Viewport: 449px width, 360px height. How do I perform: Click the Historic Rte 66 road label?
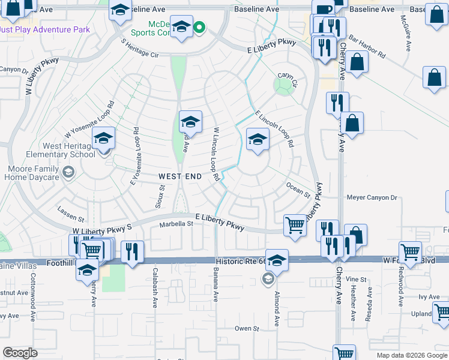coord(240,260)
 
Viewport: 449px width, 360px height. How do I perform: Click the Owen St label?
coord(247,328)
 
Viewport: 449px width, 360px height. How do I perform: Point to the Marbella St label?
coord(176,224)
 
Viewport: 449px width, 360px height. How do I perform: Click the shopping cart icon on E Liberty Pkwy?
coord(295,226)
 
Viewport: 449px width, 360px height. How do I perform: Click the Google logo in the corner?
coord(20,353)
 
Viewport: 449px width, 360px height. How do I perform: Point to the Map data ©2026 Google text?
coord(411,355)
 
